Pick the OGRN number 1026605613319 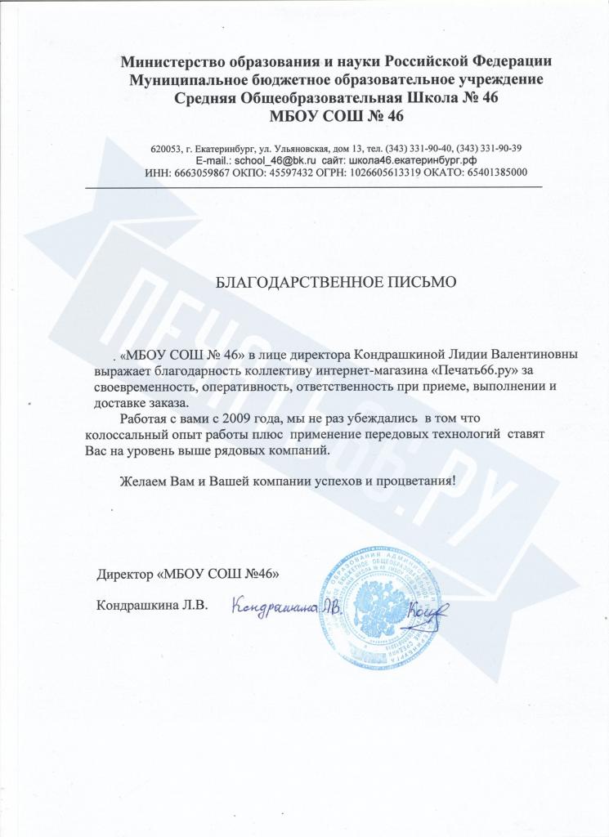pyautogui.click(x=366, y=173)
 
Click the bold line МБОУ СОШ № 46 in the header pyautogui.click(x=336, y=116)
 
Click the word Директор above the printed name pyautogui.click(x=124, y=575)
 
